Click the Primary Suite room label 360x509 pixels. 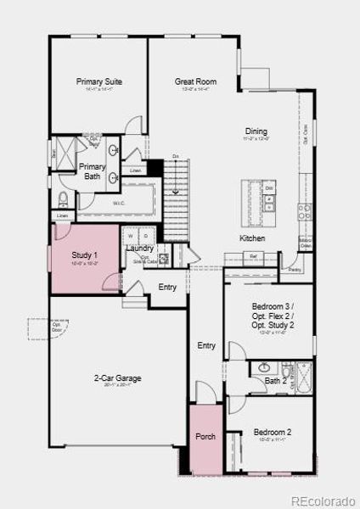99,82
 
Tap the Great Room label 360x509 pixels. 195,82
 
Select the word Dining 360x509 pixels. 256,131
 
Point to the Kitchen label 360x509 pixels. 252,238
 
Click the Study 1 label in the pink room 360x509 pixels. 84,255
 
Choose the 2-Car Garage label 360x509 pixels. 118,378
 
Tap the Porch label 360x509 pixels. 205,437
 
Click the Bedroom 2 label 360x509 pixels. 272,433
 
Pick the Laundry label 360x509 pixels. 139,248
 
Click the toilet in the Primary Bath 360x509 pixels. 64,200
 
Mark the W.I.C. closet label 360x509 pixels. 120,204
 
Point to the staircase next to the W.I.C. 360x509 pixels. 174,191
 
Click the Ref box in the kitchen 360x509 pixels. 253,255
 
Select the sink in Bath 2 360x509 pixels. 263,368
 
